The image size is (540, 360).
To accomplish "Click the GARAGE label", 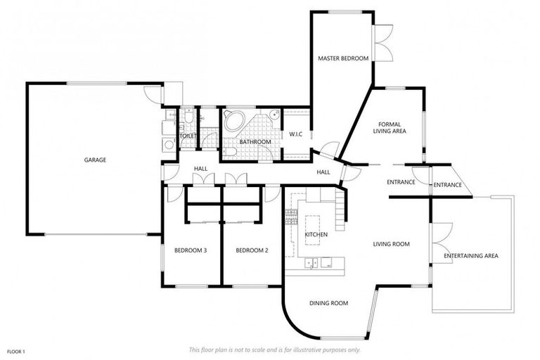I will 95,160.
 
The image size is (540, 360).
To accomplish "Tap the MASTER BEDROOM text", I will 342,58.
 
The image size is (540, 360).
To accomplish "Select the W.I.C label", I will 295,134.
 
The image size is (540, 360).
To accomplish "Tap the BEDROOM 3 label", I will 190,250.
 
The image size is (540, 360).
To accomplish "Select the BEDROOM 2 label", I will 252,250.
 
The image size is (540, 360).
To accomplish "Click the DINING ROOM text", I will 329,303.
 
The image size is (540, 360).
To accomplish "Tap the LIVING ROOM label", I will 391,244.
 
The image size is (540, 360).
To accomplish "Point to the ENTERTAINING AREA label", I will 471,256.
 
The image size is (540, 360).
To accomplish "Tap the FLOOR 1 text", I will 15,351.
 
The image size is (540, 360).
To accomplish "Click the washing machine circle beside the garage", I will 168,145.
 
